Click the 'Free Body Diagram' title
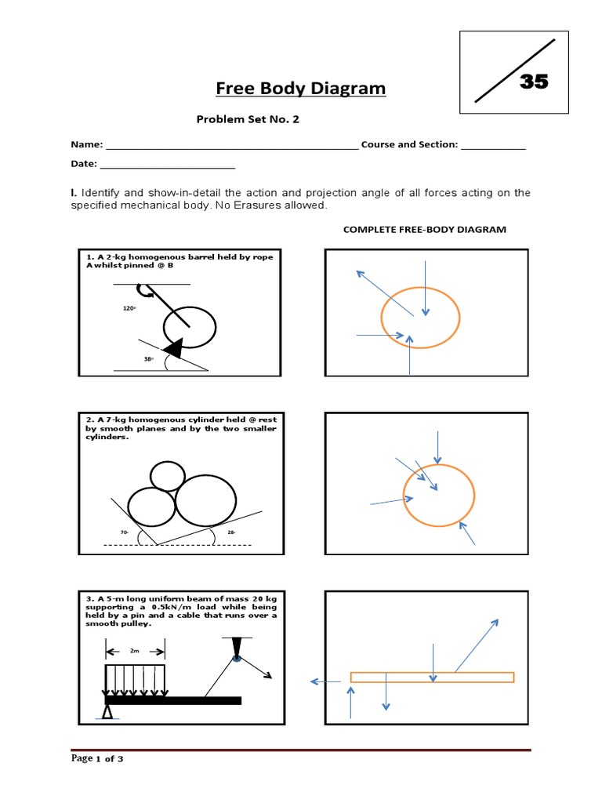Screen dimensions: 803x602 point(301,88)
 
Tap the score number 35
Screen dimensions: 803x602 point(534,81)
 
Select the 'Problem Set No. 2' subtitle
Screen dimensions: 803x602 point(247,120)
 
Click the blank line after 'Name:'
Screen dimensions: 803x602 point(231,147)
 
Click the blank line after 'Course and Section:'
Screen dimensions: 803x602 point(493,147)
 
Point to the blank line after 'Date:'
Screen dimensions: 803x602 point(168,166)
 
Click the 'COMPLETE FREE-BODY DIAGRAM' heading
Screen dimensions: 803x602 point(425,229)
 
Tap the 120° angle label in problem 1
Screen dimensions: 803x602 point(130,309)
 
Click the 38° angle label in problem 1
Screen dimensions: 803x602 point(147,358)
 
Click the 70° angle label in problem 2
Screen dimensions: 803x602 point(124,532)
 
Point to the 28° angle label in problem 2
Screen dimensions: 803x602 point(231,532)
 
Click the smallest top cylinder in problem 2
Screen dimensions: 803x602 point(167,475)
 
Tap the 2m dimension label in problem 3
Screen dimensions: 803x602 point(136,651)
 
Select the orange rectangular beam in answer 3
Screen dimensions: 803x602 point(432,678)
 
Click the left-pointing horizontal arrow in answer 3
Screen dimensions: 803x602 point(322,681)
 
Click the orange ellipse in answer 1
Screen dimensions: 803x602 point(420,316)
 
